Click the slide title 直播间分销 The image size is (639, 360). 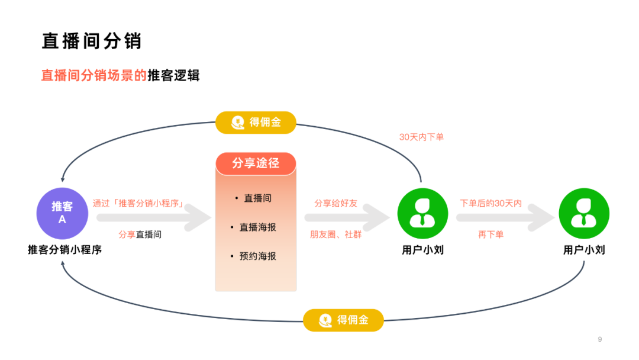pyautogui.click(x=91, y=41)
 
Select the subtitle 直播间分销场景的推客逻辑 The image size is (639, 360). pyautogui.click(x=120, y=75)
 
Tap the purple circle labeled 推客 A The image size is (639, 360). pyautogui.click(x=62, y=213)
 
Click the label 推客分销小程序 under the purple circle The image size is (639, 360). pyautogui.click(x=64, y=250)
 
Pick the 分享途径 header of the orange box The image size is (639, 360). pyautogui.click(x=256, y=163)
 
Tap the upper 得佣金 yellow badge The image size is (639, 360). pyautogui.click(x=256, y=123)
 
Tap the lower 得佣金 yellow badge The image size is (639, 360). pyautogui.click(x=343, y=320)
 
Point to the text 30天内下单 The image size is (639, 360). pyautogui.click(x=421, y=137)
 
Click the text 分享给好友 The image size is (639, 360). pyautogui.click(x=335, y=203)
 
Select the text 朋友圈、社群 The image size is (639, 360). pyautogui.click(x=335, y=234)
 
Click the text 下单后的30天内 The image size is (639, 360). pyautogui.click(x=491, y=203)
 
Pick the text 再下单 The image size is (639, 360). pyautogui.click(x=490, y=234)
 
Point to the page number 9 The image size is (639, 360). pyautogui.click(x=599, y=339)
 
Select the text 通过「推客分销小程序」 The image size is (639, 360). pyautogui.click(x=138, y=203)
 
